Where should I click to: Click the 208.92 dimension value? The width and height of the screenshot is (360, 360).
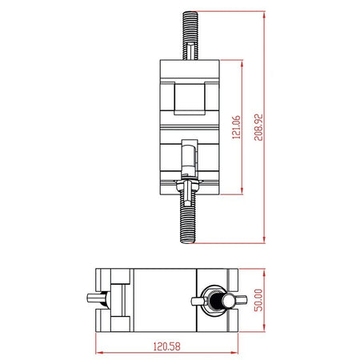pyautogui.click(x=258, y=127)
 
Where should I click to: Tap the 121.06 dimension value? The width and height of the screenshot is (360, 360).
pyautogui.click(x=236, y=127)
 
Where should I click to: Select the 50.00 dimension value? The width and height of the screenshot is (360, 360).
pyautogui.click(x=258, y=300)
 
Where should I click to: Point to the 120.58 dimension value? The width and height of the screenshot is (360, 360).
pyautogui.click(x=167, y=346)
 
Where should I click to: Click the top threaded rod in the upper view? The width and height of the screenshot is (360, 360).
pyautogui.click(x=190, y=35)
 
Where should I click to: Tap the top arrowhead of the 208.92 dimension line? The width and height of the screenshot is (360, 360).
pyautogui.click(x=264, y=15)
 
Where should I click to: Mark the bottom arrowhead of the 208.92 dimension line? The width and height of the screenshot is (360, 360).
pyautogui.click(x=264, y=239)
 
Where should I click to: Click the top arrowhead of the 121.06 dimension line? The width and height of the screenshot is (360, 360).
pyautogui.click(x=242, y=64)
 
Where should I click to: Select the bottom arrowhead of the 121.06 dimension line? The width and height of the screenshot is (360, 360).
pyautogui.click(x=242, y=190)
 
